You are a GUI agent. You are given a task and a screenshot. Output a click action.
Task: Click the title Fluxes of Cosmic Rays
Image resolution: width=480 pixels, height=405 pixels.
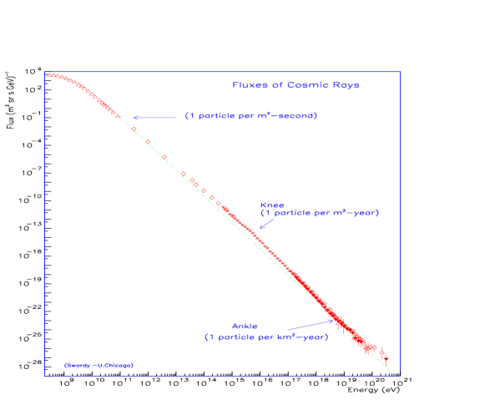point(296,85)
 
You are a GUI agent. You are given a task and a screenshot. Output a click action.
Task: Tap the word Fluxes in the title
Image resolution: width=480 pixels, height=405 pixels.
point(249,85)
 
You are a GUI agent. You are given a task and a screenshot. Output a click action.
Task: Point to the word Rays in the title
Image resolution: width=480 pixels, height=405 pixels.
point(345,85)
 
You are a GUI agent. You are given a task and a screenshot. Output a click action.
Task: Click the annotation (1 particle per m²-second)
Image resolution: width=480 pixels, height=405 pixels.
point(250,115)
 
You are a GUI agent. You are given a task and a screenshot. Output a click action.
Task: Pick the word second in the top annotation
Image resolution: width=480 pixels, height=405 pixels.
point(297,115)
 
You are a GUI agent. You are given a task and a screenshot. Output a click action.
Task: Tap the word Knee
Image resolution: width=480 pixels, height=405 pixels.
point(272,204)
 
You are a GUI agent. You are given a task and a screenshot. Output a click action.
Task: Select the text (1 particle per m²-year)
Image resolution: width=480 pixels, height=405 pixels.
point(320,213)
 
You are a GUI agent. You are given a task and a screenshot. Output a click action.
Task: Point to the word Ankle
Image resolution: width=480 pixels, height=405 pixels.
point(245,327)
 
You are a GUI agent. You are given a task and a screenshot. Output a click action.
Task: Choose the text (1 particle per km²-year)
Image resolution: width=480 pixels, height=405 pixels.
point(266,337)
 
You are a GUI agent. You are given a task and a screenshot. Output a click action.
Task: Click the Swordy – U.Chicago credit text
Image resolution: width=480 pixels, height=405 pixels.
point(99,365)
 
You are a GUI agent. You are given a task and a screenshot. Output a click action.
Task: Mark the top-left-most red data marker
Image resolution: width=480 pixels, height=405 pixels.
point(48,75)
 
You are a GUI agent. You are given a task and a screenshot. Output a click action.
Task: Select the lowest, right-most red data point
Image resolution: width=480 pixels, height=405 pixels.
point(386,358)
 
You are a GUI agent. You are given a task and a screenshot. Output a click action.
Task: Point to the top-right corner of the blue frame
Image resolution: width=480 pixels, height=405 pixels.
point(401,72)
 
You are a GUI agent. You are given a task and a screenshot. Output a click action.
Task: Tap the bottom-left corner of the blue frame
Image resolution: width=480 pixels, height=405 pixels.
point(44,374)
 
